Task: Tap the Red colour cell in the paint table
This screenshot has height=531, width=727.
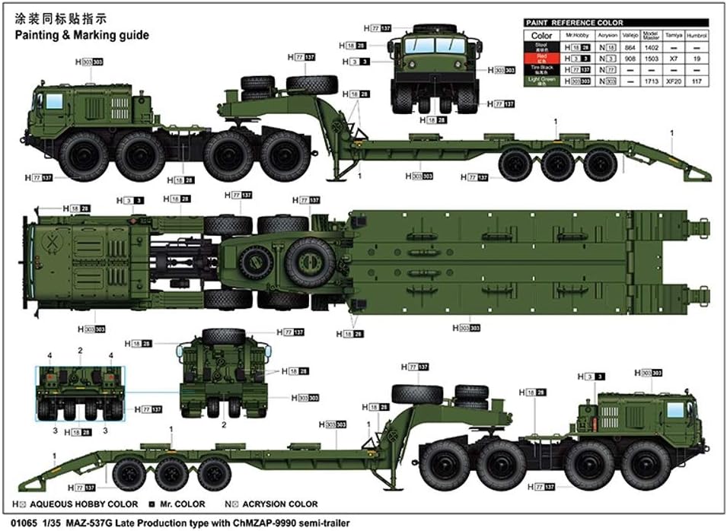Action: click(541, 57)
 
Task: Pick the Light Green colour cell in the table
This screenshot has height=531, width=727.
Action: click(541, 80)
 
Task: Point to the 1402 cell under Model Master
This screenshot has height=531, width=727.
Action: click(650, 46)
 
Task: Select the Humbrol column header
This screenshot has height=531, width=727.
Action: click(697, 35)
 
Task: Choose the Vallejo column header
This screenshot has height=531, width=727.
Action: click(629, 35)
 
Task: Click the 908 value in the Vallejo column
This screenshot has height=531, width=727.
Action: click(629, 57)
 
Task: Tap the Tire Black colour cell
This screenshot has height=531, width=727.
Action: click(541, 68)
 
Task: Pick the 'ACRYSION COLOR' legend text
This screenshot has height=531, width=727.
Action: click(292, 504)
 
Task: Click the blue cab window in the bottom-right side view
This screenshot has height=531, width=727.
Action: click(674, 410)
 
